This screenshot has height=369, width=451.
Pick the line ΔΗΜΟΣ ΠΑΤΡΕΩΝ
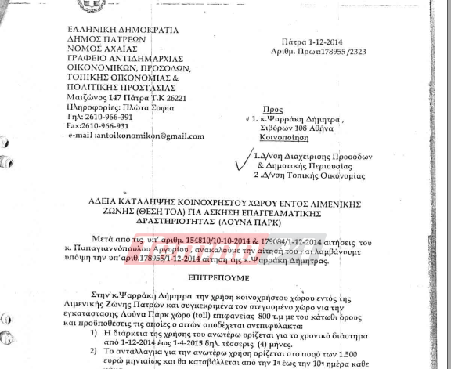(103, 39)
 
